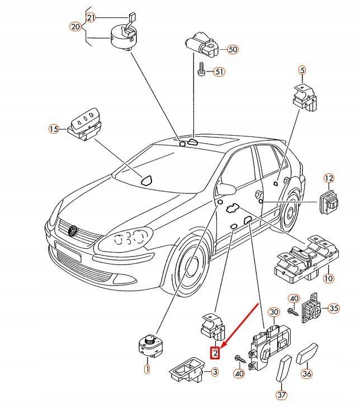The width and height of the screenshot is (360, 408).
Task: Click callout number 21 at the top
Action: click(92, 17)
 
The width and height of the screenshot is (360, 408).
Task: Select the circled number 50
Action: click(233, 50)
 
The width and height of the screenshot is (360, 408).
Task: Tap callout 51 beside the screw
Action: click(219, 72)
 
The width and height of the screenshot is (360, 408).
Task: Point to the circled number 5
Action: click(302, 70)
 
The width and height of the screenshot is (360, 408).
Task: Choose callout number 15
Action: click(53, 129)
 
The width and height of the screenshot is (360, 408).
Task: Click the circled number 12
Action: click(329, 178)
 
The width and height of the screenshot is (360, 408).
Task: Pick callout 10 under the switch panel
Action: click(328, 278)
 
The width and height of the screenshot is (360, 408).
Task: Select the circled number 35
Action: click(334, 308)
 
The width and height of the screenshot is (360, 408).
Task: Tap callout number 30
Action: click(273, 312)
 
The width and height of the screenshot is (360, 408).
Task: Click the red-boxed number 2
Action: click(214, 353)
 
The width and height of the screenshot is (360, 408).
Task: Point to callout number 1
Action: click(147, 369)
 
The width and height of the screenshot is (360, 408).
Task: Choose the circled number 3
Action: click(214, 371)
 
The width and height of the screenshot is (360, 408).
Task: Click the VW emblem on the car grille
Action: click(73, 231)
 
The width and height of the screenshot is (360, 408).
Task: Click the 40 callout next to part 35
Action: click(294, 298)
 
